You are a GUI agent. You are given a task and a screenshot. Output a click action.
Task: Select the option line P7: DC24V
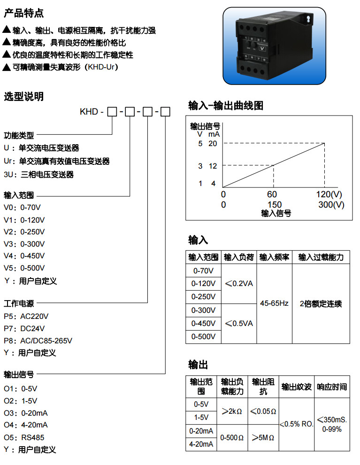[24, 328]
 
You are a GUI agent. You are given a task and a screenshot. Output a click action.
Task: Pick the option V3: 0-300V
[24, 244]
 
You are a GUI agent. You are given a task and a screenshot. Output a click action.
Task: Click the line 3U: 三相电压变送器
[38, 174]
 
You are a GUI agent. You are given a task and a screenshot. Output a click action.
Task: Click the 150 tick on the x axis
[275, 204]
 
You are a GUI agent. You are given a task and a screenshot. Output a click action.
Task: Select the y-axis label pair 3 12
[207, 166]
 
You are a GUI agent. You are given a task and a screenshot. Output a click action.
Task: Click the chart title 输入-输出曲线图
[225, 106]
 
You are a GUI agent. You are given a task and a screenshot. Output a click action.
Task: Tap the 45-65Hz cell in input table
[274, 303]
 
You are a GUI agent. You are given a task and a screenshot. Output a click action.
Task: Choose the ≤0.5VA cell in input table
[239, 324]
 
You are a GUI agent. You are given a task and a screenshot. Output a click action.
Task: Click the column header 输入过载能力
[321, 257]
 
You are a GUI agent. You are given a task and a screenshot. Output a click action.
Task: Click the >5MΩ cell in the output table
[263, 437]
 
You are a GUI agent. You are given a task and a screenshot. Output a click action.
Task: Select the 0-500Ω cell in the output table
[232, 437]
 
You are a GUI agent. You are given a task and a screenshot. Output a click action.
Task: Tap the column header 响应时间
[332, 387]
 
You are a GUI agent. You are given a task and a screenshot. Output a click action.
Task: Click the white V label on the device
[263, 48]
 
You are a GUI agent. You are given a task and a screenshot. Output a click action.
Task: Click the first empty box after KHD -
[112, 112]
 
